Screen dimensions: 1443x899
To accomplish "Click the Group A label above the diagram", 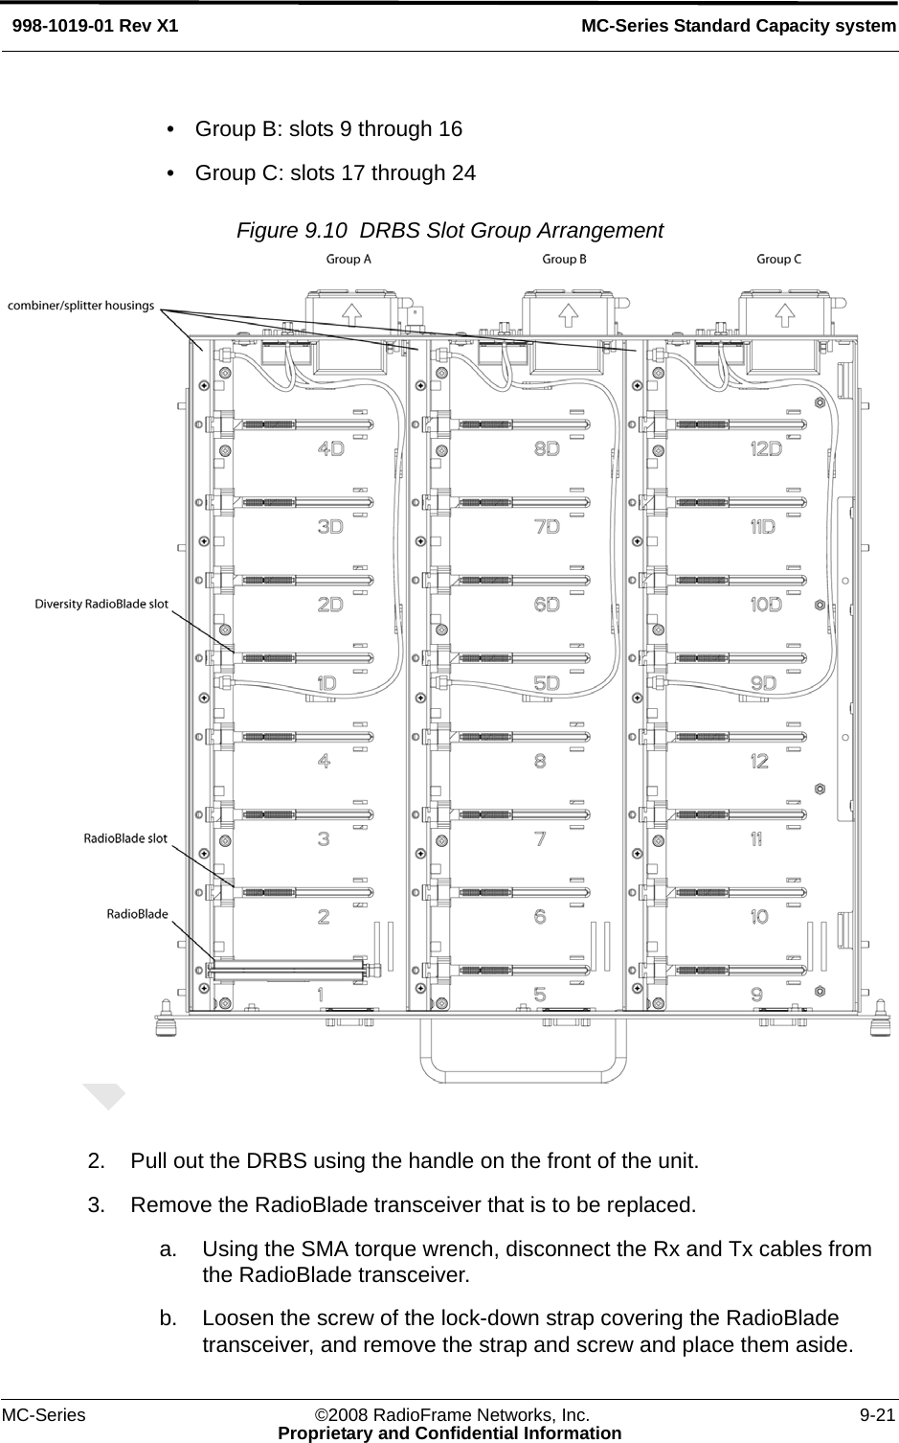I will [x=348, y=259].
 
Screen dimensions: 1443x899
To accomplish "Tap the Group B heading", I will [x=564, y=259].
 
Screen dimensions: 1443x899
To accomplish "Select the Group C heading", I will [x=778, y=259].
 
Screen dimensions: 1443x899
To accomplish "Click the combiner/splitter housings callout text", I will [x=81, y=306].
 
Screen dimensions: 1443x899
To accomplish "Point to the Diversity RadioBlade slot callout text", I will [x=101, y=604].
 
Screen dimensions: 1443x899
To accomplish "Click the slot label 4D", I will [x=330, y=448].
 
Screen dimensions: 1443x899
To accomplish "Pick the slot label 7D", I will [x=547, y=527].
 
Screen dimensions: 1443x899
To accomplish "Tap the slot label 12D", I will [x=765, y=448].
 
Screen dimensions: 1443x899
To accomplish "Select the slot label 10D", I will [x=765, y=605].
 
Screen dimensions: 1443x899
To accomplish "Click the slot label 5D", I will [x=547, y=683].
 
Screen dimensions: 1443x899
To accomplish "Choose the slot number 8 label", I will [x=540, y=761].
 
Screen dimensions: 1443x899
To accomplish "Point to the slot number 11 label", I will [x=756, y=839].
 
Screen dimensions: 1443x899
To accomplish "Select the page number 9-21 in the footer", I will [x=877, y=1414].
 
